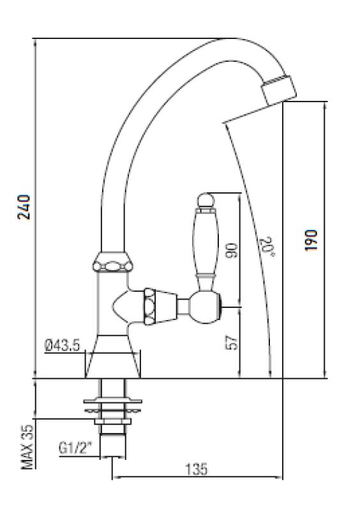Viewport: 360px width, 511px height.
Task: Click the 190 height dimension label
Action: (x=311, y=240)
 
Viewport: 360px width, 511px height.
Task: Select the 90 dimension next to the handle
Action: (x=232, y=250)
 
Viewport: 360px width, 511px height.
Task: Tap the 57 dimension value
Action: (x=232, y=343)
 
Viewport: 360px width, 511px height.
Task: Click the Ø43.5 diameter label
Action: (x=62, y=346)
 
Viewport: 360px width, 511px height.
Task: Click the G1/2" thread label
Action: (x=76, y=448)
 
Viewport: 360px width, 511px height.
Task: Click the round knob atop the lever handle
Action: (x=206, y=202)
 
